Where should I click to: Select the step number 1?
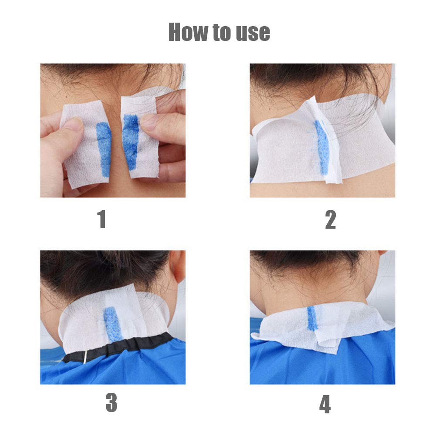pos(101,219)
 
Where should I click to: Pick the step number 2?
pos(331,219)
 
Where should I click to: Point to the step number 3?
pos(111,403)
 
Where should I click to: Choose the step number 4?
pos(325,404)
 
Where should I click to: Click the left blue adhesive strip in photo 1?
pos(104,148)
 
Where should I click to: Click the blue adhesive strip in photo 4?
pos(311,318)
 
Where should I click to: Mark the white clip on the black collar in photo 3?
pos(85,356)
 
